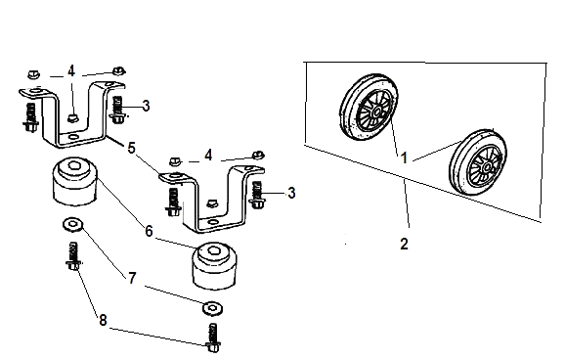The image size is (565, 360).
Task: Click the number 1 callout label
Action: pyautogui.click(x=405, y=157)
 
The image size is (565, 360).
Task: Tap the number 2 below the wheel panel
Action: pyautogui.click(x=405, y=244)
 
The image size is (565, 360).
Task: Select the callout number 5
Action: pyautogui.click(x=132, y=148)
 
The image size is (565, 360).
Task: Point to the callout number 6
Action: pyautogui.click(x=149, y=231)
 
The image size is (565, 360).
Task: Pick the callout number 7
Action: pyautogui.click(x=132, y=278)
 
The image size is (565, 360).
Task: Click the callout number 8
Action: pyautogui.click(x=103, y=320)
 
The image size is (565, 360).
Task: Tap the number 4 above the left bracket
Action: pyautogui.click(x=71, y=71)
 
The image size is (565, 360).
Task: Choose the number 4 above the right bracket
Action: pyautogui.click(x=208, y=156)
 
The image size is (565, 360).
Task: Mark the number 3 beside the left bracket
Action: pyautogui.click(x=146, y=106)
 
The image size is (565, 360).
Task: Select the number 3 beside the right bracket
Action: pyautogui.click(x=291, y=193)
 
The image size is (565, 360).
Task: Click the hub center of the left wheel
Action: pyautogui.click(x=377, y=112)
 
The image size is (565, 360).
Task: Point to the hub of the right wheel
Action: pyautogui.click(x=487, y=167)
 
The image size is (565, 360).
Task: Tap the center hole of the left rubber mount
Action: pyautogui.click(x=74, y=165)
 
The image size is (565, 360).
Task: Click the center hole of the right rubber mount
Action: pyautogui.click(x=214, y=250)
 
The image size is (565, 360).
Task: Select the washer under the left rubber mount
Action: pyautogui.click(x=72, y=224)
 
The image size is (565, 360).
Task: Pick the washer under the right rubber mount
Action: pyautogui.click(x=212, y=308)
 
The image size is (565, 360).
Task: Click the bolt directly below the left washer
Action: pyautogui.click(x=73, y=255)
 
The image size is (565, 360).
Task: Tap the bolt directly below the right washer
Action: pyautogui.click(x=213, y=337)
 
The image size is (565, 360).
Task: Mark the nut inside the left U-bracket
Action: pyautogui.click(x=73, y=117)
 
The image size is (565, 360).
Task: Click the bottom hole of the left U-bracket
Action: pyautogui.click(x=74, y=137)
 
